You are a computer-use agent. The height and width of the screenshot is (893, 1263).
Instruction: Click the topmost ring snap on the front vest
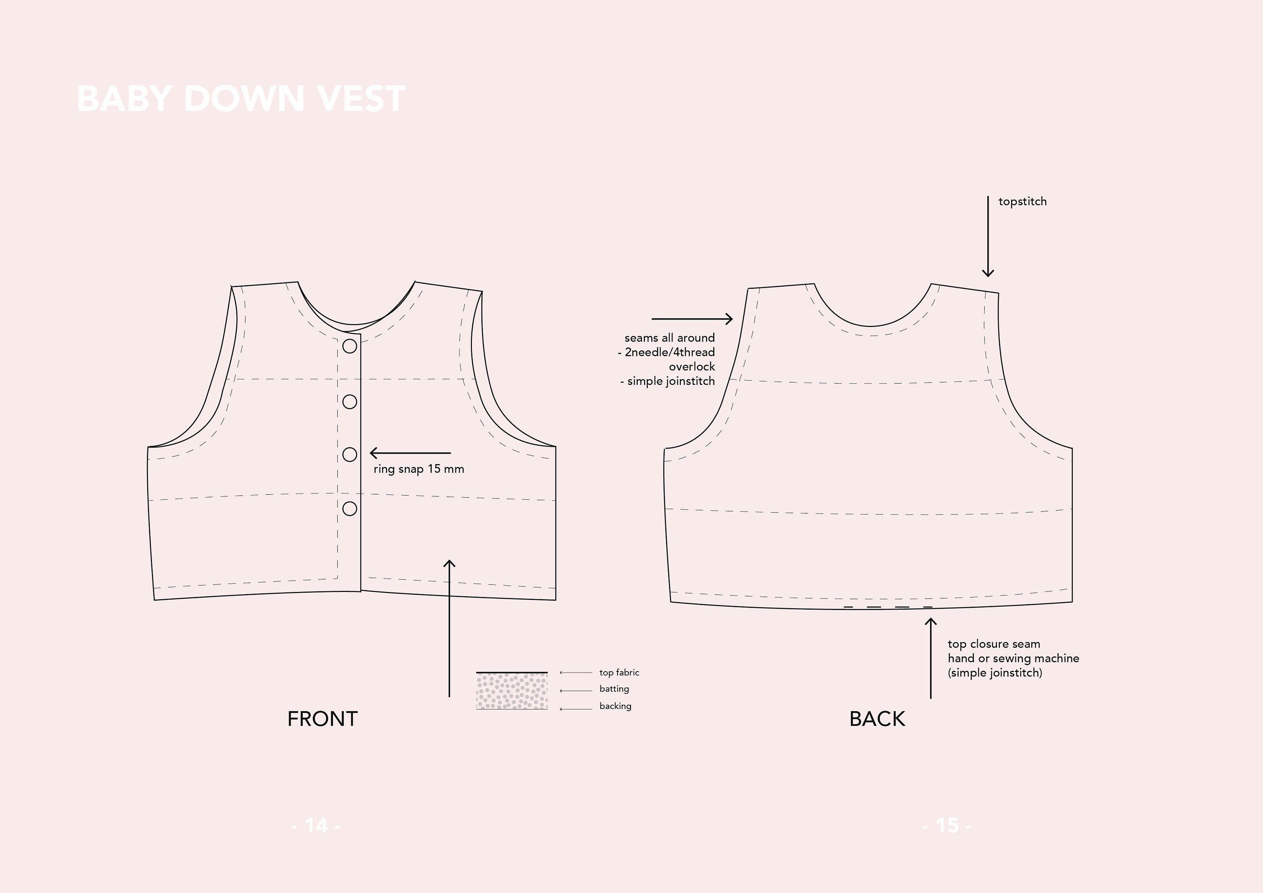350,346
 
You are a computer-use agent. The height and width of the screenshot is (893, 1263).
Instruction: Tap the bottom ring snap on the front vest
350,509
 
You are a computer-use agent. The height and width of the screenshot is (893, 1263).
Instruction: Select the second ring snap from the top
350,402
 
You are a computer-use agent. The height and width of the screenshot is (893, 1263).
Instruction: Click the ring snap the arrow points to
350,454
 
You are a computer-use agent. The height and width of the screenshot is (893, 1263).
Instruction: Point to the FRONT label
322,719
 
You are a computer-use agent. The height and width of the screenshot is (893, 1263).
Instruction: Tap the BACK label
877,719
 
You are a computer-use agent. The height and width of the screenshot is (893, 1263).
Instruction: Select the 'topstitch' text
1022,201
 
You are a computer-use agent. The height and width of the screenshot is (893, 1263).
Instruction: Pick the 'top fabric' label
619,672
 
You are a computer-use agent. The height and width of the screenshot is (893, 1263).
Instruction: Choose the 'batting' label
614,689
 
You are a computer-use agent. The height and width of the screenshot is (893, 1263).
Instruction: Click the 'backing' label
615,706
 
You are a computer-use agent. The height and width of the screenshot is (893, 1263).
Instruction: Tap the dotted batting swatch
512,691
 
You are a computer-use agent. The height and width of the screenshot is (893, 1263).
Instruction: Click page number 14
316,825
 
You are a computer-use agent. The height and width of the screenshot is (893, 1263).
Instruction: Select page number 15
947,825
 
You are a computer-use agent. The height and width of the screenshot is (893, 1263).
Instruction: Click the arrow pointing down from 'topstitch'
988,237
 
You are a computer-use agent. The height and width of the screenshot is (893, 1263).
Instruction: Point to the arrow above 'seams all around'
691,319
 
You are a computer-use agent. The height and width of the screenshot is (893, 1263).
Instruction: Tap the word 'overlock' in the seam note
691,366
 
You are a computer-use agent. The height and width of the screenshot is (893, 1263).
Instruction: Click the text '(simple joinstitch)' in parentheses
994,673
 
